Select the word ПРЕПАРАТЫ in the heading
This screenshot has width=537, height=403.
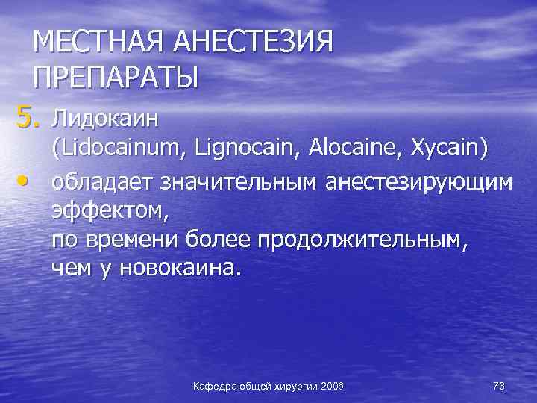pyautogui.click(x=116, y=77)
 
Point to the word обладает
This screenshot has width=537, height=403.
pyautogui.click(x=101, y=182)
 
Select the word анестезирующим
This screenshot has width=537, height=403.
pyautogui.click(x=418, y=182)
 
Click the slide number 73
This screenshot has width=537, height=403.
pyautogui.click(x=499, y=386)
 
